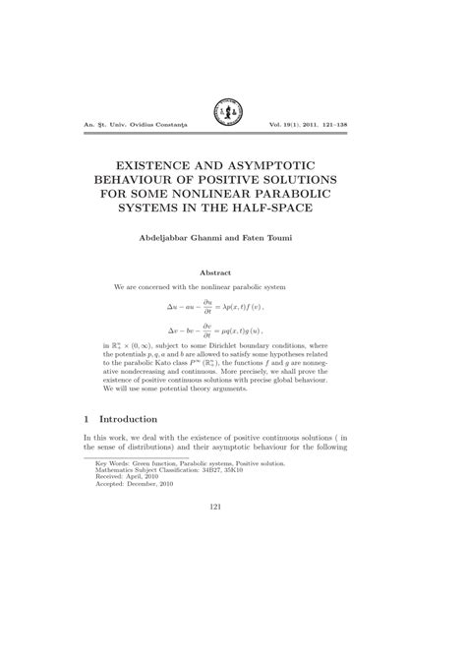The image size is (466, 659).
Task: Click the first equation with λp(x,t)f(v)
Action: [232, 306]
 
